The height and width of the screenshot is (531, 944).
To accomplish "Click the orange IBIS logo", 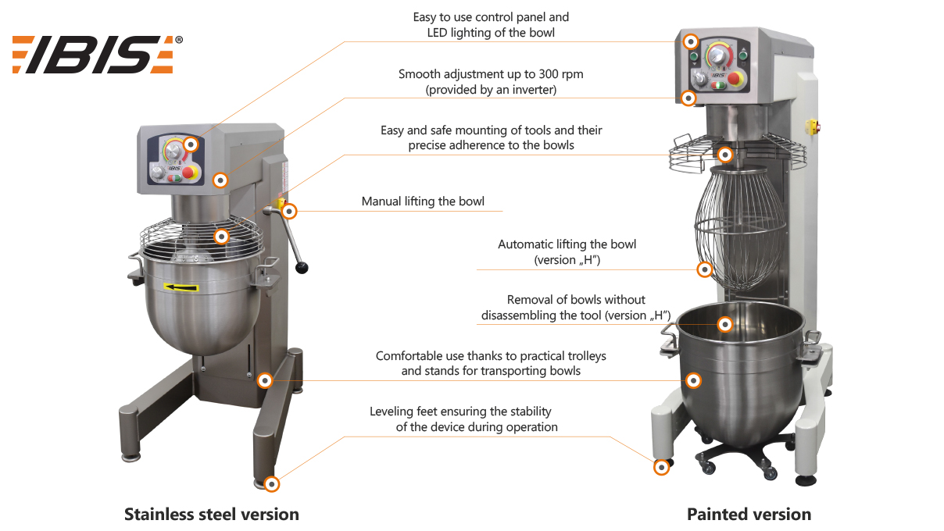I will point(92,55).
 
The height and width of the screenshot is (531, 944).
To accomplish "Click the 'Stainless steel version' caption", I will point(211,515).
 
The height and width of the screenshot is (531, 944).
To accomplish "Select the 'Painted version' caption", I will point(749,515).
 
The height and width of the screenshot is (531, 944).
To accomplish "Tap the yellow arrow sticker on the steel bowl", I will point(181,287).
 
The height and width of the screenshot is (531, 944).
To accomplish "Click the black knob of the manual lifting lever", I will point(302,269).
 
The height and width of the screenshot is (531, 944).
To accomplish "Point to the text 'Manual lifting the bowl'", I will point(423,201).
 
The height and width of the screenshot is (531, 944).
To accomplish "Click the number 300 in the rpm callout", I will point(524,75).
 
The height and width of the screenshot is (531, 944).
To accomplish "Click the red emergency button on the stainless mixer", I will point(188,173).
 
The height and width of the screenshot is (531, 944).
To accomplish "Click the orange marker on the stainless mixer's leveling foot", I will point(271,483).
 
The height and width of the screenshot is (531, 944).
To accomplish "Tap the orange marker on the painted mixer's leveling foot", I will point(661,467).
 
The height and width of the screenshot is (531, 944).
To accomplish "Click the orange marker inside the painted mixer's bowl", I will point(725,323).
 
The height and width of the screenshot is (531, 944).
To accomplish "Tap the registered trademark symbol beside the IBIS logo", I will point(179,40).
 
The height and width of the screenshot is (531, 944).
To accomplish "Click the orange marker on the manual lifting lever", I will point(290,210).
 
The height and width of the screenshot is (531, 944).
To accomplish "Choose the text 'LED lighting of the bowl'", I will point(491,33).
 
